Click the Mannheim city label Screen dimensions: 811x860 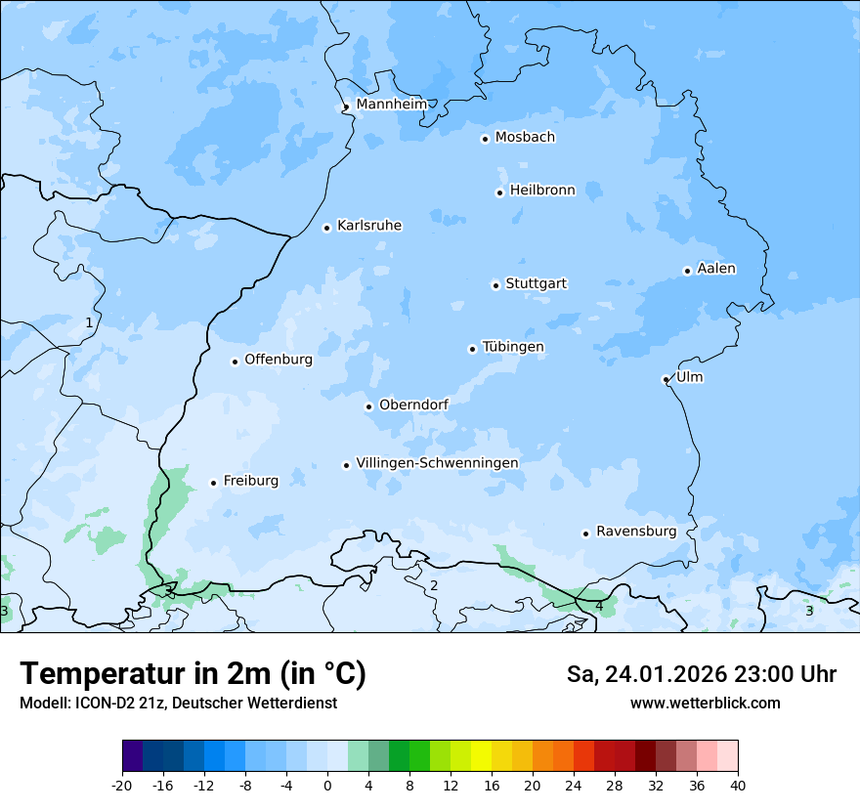tap(391, 105)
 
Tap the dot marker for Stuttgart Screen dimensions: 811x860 tap(495, 285)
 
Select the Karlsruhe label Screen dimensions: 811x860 tap(368, 226)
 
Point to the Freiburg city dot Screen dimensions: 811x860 tap(213, 483)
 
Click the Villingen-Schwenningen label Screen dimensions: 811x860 tap(437, 463)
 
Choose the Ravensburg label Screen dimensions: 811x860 tap(635, 532)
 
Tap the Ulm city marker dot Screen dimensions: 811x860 tap(666, 379)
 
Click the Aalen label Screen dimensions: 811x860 tap(716, 269)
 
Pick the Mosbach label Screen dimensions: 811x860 tap(525, 138)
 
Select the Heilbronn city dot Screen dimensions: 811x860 tap(499, 192)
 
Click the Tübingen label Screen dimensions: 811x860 tap(513, 347)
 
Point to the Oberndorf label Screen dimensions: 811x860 tap(413, 405)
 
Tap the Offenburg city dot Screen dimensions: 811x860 tap(235, 362)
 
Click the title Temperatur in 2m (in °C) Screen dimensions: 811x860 tap(193, 673)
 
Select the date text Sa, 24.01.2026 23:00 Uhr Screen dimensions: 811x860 tap(701, 674)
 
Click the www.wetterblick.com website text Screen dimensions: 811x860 tap(705, 703)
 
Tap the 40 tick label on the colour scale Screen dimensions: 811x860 tap(738, 785)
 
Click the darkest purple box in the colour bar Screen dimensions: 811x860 tap(132, 756)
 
